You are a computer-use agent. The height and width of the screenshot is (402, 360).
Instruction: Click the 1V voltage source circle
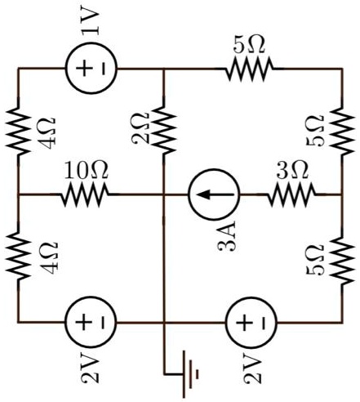91,69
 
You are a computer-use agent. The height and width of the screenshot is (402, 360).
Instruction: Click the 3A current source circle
214,195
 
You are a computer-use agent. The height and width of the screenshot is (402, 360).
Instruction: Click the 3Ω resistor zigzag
291,195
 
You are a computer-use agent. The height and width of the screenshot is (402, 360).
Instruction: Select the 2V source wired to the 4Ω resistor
91,322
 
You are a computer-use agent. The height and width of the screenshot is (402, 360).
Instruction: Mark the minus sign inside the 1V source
102,69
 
